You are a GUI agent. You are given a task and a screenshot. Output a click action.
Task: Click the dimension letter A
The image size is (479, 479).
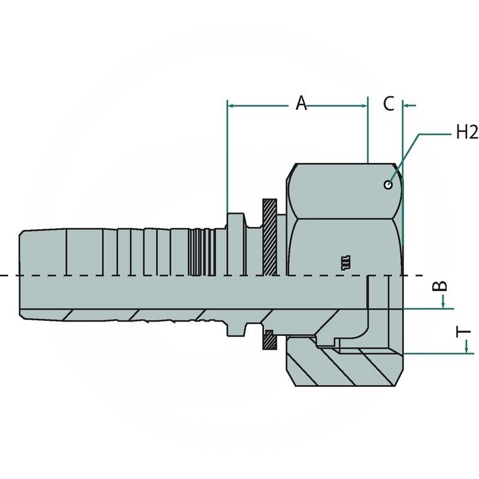coord(301,103)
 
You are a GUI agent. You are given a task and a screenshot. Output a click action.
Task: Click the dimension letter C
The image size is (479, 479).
coord(388,104)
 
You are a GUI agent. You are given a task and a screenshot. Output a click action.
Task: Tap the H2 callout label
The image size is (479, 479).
coord(467,132)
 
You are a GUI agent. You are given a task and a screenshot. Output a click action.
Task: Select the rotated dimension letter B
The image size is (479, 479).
coord(441,286)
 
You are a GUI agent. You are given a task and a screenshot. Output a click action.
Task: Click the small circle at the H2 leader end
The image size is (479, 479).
coord(388,184)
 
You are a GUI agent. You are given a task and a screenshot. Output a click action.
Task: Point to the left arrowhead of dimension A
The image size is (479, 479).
coord(231,106)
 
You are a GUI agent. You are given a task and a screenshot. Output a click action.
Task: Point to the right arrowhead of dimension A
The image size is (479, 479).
coord(364,106)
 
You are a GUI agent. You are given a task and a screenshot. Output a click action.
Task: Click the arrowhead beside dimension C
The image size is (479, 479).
coord(407,106)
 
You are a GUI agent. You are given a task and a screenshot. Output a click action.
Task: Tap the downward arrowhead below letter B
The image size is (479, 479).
coord(443,305)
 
